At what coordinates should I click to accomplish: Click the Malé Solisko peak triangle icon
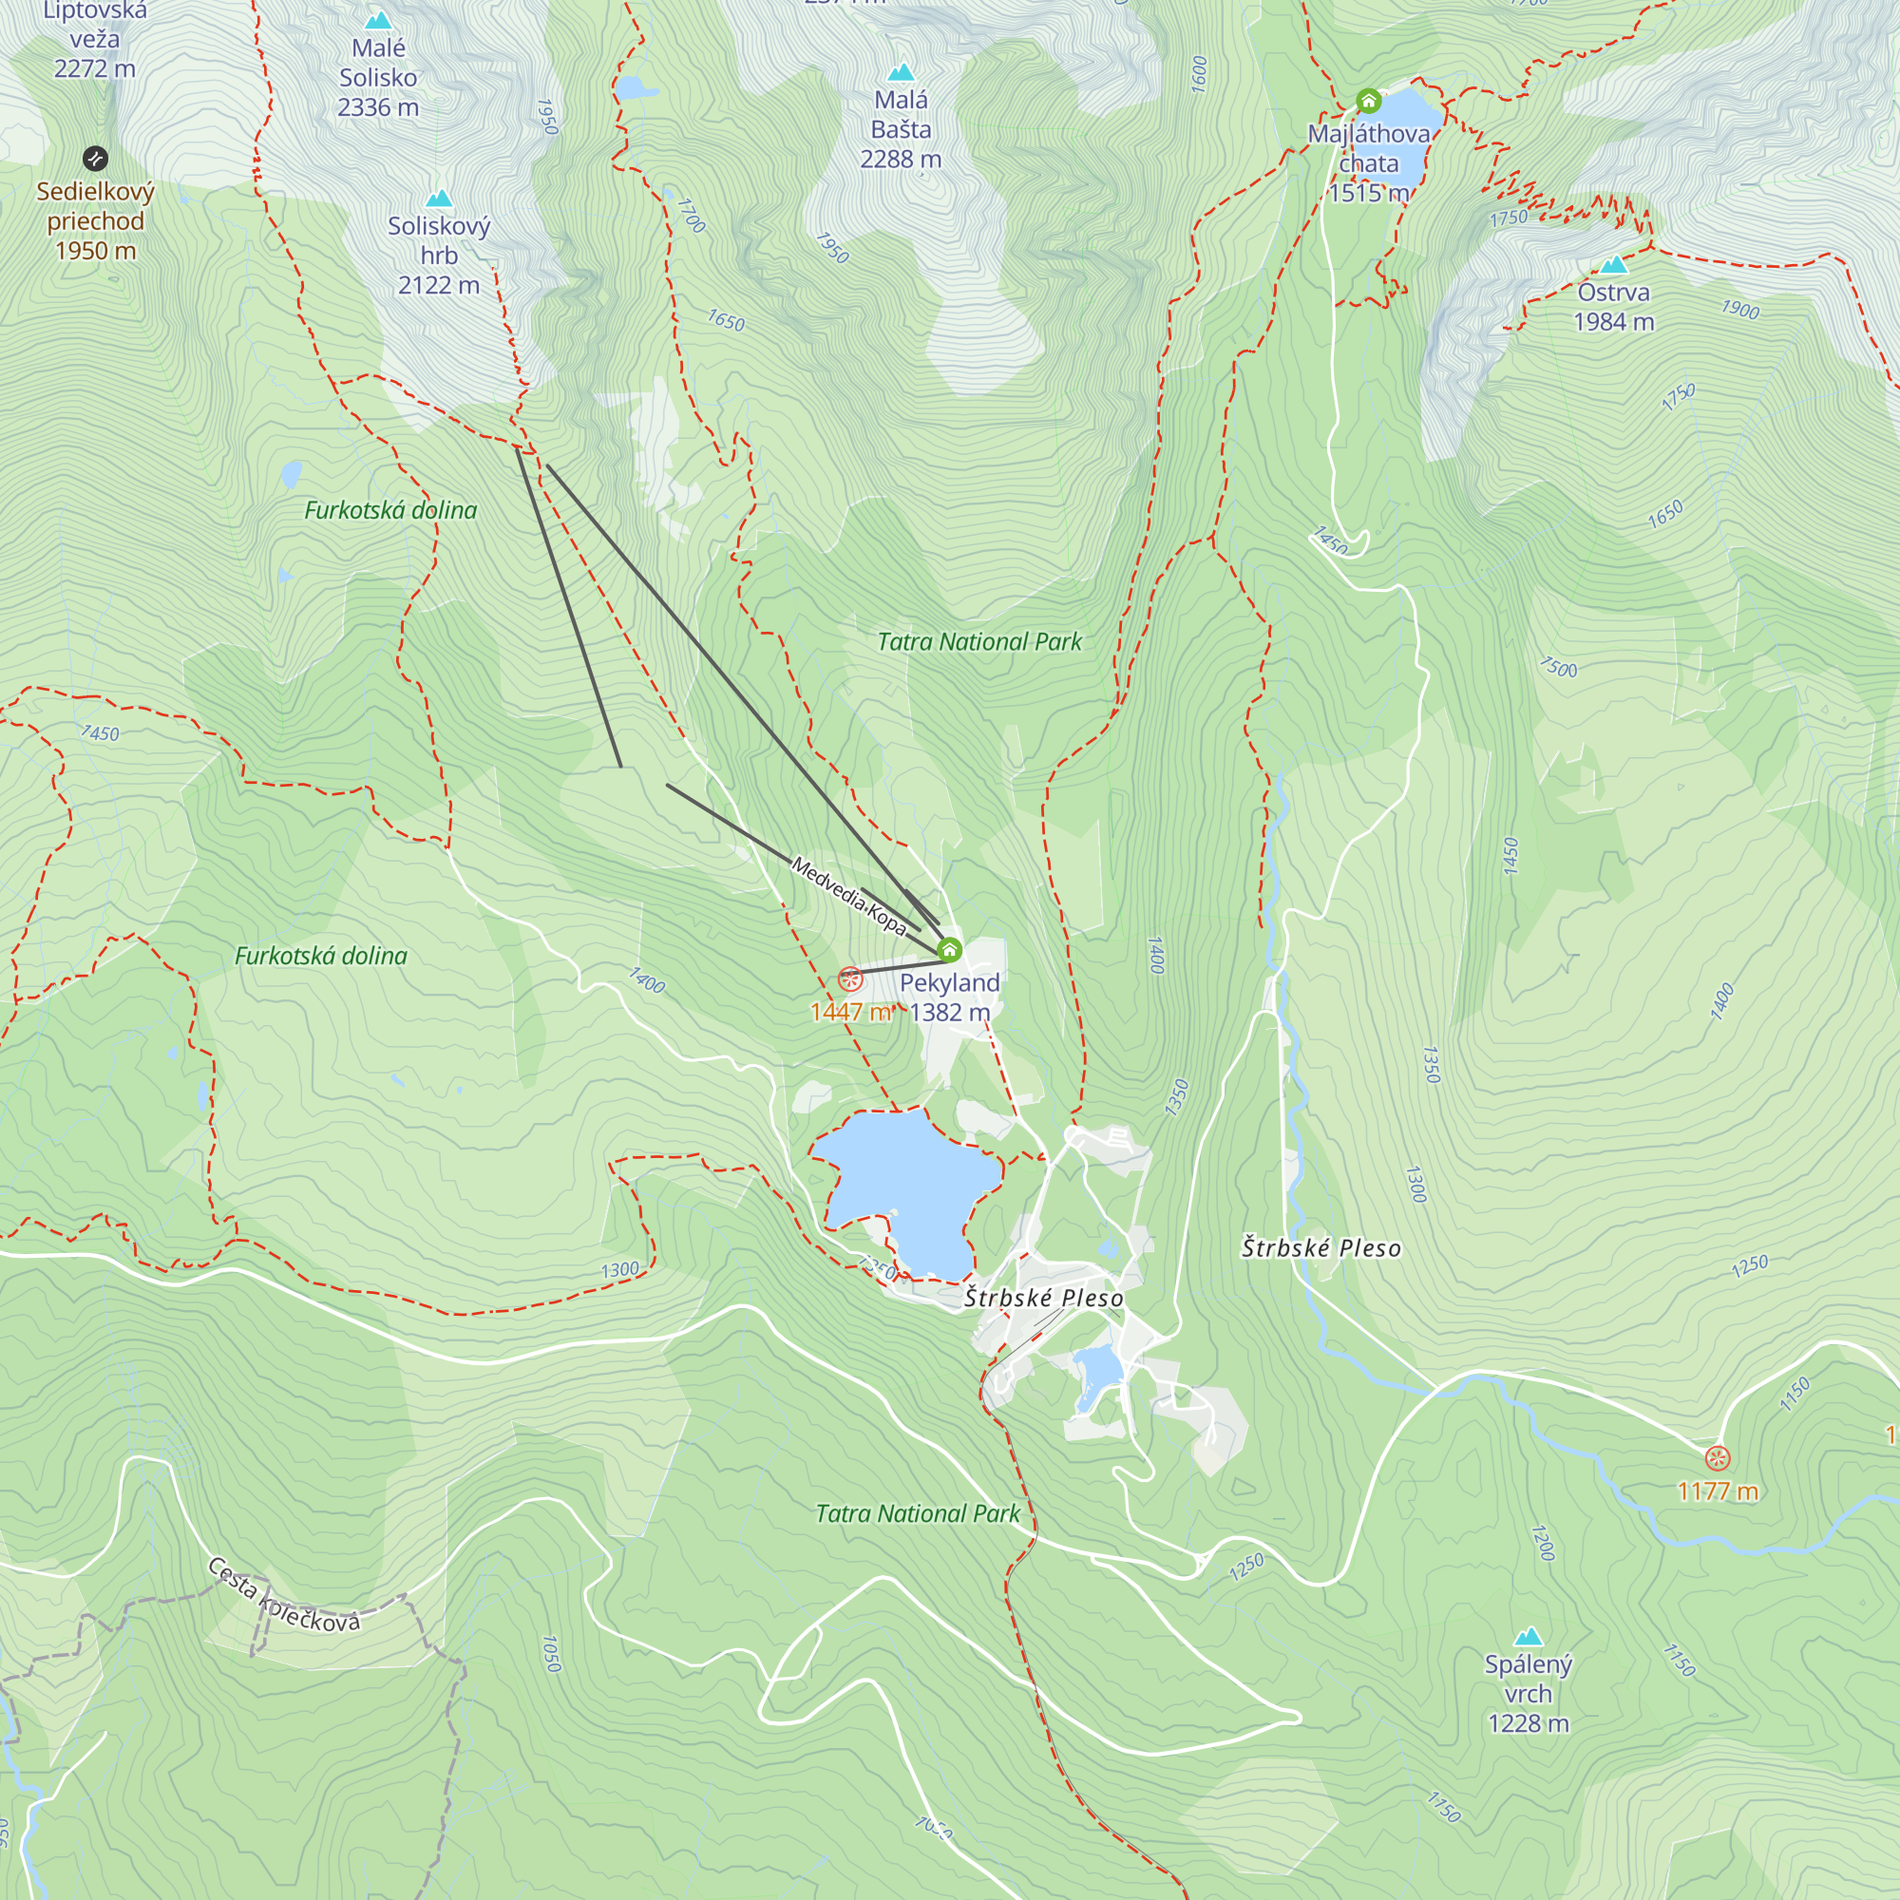[x=378, y=21]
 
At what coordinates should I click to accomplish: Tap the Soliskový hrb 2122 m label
[x=439, y=256]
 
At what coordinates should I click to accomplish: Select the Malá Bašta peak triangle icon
[x=901, y=73]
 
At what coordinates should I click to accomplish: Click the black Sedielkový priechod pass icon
[x=95, y=159]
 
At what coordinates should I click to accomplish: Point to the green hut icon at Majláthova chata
[x=1368, y=102]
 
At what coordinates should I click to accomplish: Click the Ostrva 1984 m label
[x=1614, y=307]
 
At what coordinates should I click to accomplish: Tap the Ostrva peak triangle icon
[x=1614, y=264]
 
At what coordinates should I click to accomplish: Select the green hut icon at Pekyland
[x=949, y=950]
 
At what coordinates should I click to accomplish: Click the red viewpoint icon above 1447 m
[x=850, y=979]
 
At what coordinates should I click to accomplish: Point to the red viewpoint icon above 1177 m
[x=1717, y=1457]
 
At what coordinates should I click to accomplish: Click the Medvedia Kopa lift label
[x=847, y=896]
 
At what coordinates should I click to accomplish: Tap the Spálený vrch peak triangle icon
[x=1528, y=1637]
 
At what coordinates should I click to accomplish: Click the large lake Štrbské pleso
[x=910, y=1185]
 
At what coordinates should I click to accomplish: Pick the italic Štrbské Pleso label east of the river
[x=1320, y=1248]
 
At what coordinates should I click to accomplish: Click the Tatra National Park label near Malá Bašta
[x=978, y=642]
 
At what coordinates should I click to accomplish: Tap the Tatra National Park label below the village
[x=918, y=1513]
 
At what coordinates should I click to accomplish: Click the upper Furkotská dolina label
[x=390, y=510]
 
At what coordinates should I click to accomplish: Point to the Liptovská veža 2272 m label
[x=95, y=39]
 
